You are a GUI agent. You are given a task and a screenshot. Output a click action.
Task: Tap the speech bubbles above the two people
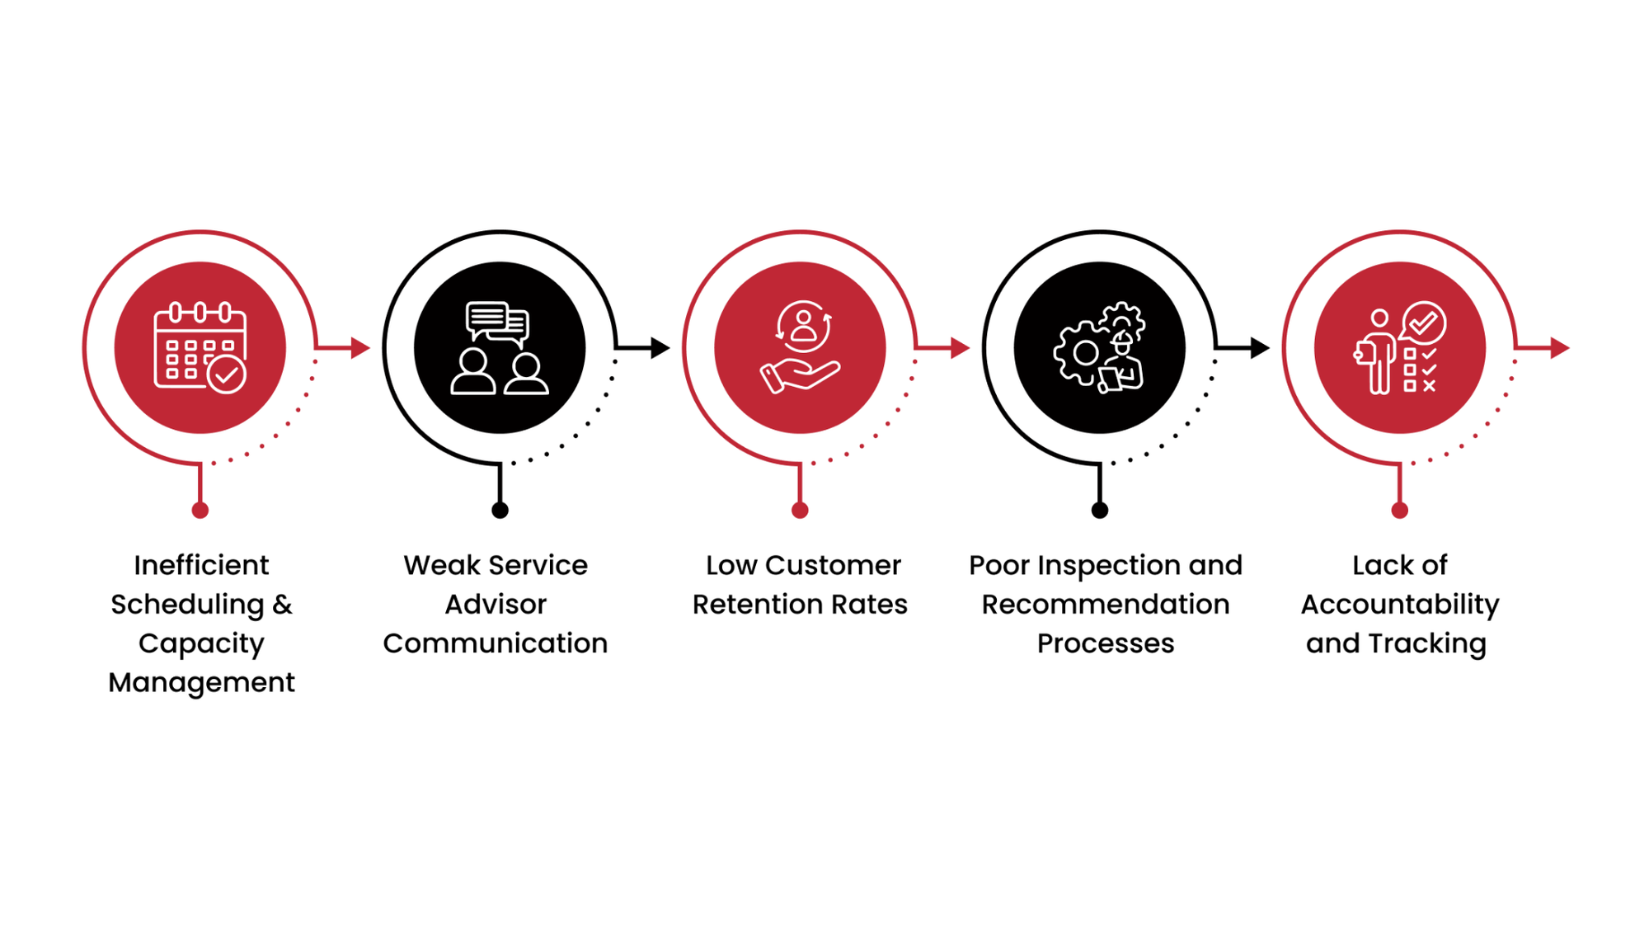(x=497, y=323)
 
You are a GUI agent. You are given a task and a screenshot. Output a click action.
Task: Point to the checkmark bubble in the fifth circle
(x=1424, y=323)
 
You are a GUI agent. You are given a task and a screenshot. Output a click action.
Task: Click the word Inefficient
(x=201, y=565)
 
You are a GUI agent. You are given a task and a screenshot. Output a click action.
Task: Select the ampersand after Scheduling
(x=282, y=605)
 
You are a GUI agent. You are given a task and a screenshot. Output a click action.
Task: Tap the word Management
(x=201, y=682)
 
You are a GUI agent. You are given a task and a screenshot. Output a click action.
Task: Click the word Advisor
(x=496, y=605)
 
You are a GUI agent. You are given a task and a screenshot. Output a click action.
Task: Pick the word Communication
(x=496, y=643)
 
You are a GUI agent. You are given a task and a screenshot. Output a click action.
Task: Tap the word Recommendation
(x=1105, y=605)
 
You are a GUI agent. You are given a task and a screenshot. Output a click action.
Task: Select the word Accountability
(x=1399, y=605)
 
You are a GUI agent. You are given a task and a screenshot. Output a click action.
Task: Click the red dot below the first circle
(x=200, y=511)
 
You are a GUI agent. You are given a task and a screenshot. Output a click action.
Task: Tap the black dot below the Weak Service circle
(x=500, y=511)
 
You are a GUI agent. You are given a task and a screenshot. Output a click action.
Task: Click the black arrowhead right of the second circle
(x=660, y=348)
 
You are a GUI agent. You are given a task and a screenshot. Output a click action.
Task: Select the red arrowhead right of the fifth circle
(x=1559, y=348)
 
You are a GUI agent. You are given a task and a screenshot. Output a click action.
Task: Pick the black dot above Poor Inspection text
(x=1099, y=511)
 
